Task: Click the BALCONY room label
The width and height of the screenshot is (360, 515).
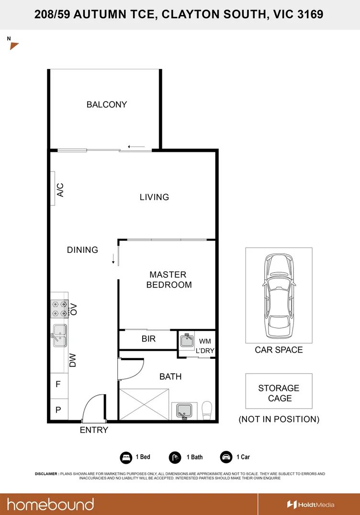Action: (x=107, y=104)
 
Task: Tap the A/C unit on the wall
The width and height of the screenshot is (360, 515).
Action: (x=53, y=189)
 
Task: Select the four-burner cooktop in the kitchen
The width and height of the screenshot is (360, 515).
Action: (x=59, y=309)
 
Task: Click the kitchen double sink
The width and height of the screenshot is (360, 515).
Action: (x=60, y=335)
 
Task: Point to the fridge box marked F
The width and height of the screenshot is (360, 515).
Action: (x=59, y=384)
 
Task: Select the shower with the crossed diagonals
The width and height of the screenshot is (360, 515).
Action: (x=144, y=404)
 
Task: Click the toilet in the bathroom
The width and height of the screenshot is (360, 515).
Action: (x=207, y=410)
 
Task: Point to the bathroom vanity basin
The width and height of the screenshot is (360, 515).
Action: (x=184, y=411)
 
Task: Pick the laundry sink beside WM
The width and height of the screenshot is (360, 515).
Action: (x=187, y=340)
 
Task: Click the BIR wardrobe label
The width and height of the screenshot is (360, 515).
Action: (x=149, y=339)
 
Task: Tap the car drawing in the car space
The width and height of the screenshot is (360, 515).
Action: (x=279, y=296)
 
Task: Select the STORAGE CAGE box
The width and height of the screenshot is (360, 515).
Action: (x=279, y=391)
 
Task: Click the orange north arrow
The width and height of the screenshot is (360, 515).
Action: (x=14, y=46)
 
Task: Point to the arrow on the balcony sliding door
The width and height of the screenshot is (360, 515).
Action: (x=136, y=147)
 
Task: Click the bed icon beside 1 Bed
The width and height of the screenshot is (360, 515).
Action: (x=126, y=457)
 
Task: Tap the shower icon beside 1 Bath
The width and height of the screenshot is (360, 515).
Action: (x=175, y=457)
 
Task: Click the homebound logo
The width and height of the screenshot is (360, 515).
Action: (x=51, y=504)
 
